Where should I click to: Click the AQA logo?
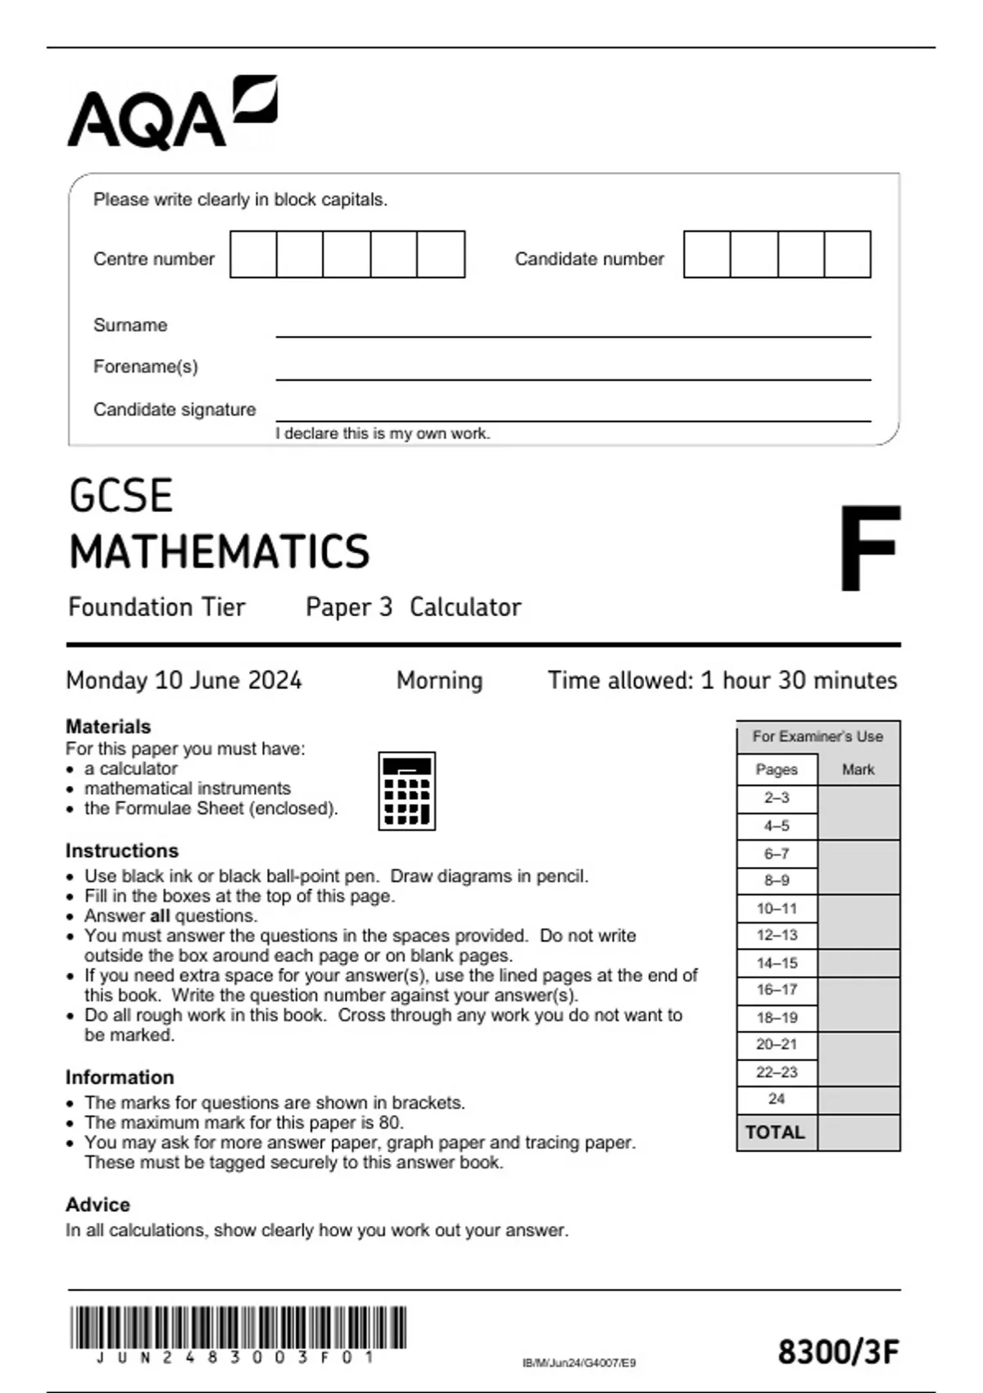[172, 112]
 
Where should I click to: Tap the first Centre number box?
[253, 254]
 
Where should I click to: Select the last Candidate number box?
[847, 254]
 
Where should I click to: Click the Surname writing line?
[573, 334]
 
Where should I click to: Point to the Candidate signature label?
[174, 409]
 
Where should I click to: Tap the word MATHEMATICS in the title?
[220, 551]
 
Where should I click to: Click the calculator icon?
[406, 791]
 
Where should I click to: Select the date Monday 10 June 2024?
[183, 680]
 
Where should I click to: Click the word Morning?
[439, 680]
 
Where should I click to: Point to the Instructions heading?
[121, 851]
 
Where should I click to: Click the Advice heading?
[97, 1205]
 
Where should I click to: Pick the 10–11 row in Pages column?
[776, 908]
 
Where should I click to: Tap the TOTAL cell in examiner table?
[775, 1132]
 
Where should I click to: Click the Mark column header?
[858, 769]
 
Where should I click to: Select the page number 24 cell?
[776, 1099]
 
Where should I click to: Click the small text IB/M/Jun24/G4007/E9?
[578, 1363]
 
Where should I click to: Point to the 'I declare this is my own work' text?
[383, 433]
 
